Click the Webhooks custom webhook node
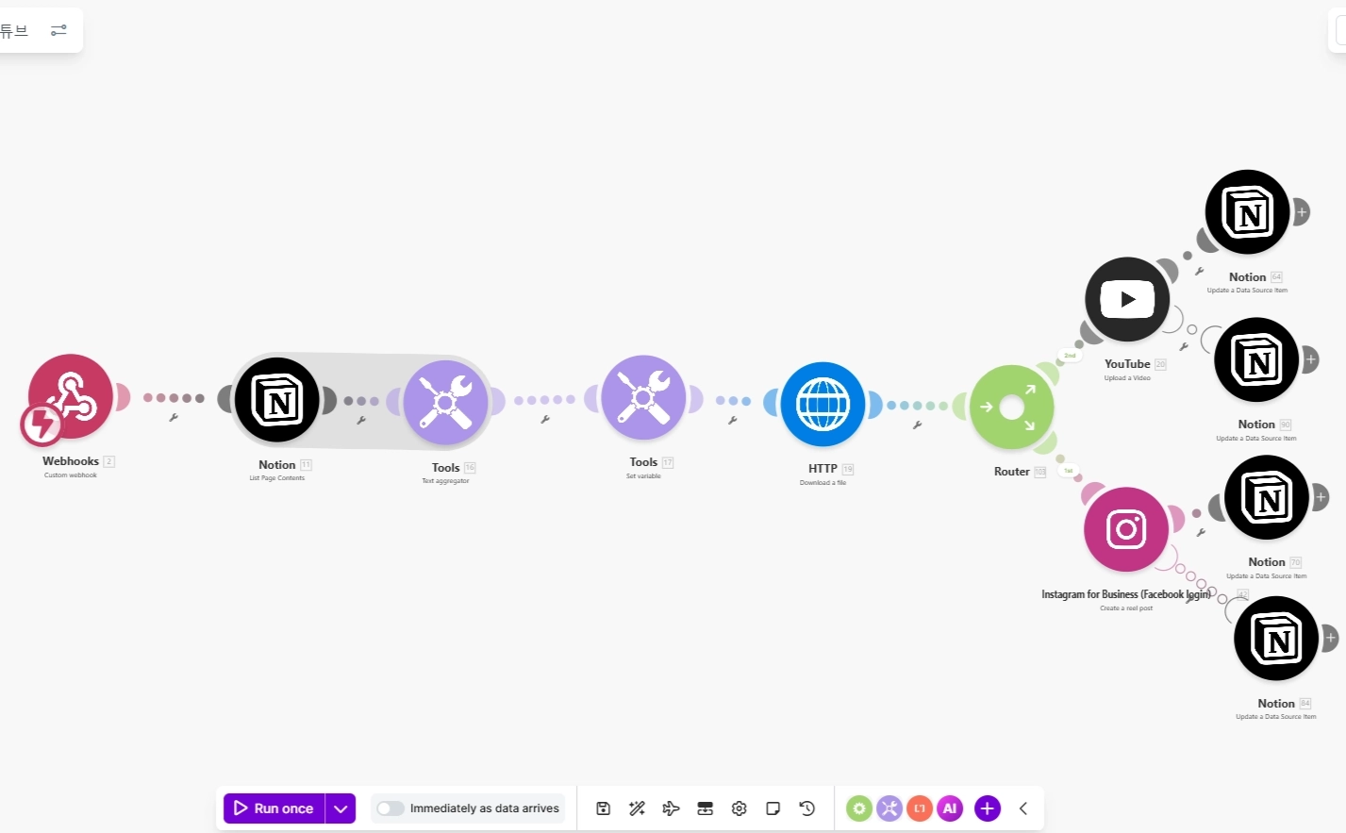coord(71,397)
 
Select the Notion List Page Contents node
coord(277,400)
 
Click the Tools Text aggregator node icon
coord(445,403)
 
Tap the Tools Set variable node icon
coord(643,397)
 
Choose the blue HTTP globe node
coord(823,404)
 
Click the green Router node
coord(1011,407)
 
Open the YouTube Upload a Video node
coord(1127,299)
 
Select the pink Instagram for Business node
coord(1126,529)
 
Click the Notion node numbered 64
coord(1247,212)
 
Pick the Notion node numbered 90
coord(1256,359)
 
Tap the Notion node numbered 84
coord(1276,639)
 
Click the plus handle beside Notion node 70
coord(1321,496)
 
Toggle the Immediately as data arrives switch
coord(390,808)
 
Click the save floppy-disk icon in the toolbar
coord(604,808)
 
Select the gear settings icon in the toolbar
coord(739,808)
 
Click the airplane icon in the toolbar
coord(672,808)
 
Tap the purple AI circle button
coord(950,808)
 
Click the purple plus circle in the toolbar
coord(987,808)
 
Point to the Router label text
coord(1011,472)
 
